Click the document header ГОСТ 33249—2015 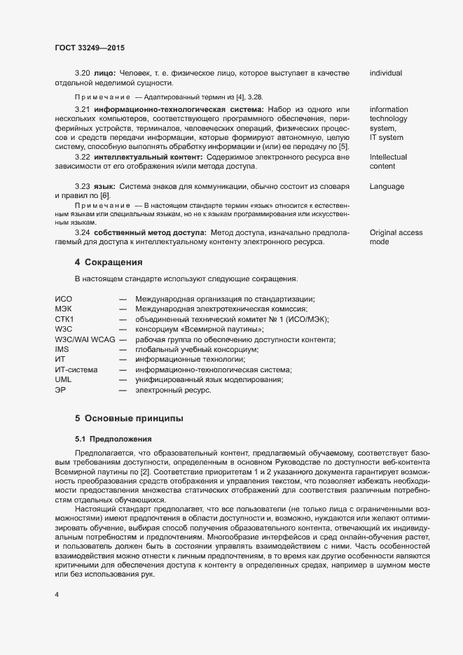coord(90,48)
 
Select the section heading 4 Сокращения coord(109,262)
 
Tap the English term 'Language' coord(389,187)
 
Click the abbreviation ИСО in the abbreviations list coord(64,299)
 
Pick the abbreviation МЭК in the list coord(64,309)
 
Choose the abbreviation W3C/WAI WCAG coord(85,339)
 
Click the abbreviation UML coord(63,379)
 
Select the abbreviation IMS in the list coord(62,348)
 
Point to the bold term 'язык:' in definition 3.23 coord(104,187)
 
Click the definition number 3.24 coord(83,232)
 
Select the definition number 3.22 coord(83,157)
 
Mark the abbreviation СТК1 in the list coord(64,318)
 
